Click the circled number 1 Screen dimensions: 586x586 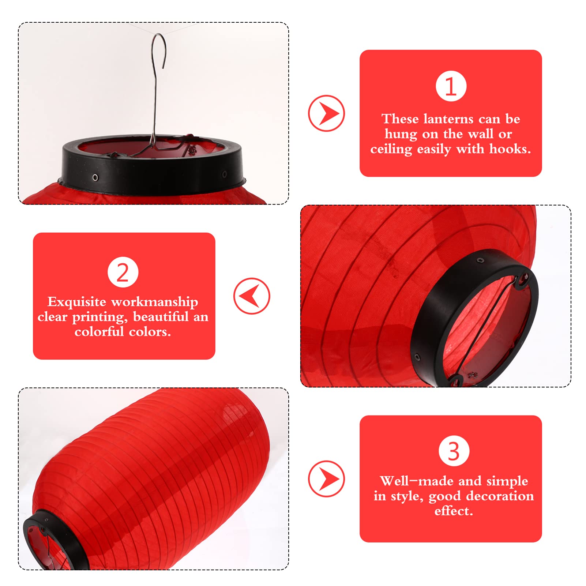tap(451, 86)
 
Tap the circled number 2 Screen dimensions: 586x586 tap(123, 272)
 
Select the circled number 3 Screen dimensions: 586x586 tap(454, 451)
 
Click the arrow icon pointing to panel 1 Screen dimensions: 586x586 tap(326, 113)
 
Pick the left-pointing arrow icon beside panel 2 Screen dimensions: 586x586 tap(252, 296)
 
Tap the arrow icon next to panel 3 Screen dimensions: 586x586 tap(326, 478)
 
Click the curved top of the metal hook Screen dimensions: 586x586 tap(159, 37)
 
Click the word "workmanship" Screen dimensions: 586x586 tap(154, 302)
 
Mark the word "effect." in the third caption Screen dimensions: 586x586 tap(454, 511)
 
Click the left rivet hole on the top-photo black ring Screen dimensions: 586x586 tap(95, 177)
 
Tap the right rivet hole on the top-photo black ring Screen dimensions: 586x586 tap(224, 174)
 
